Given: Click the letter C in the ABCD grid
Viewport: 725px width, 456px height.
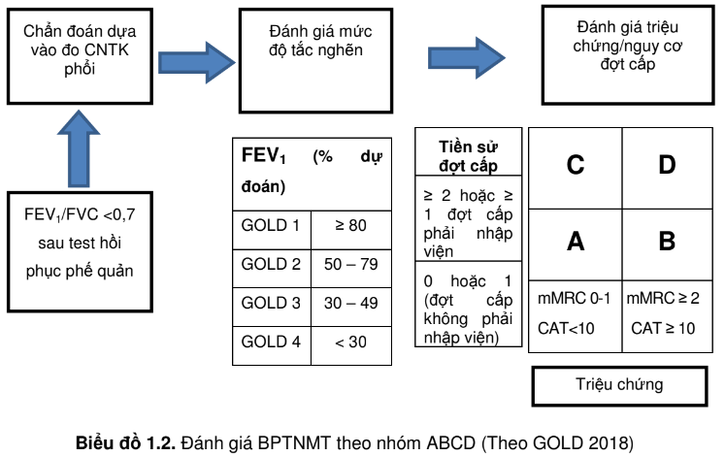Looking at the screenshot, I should pyautogui.click(x=575, y=165).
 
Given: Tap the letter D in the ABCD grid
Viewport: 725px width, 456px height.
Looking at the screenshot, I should pyautogui.click(x=666, y=165).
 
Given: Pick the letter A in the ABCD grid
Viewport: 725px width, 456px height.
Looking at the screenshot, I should pyautogui.click(x=575, y=242).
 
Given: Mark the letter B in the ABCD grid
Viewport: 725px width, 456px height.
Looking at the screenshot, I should pyautogui.click(x=666, y=242).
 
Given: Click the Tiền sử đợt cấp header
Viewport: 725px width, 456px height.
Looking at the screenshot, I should pyautogui.click(x=469, y=154).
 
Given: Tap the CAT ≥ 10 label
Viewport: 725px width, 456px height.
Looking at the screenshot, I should pyautogui.click(x=665, y=329).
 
